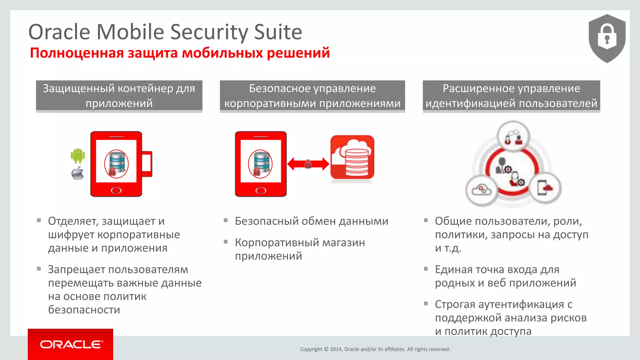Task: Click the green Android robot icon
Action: (78, 155)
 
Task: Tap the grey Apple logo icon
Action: (78, 173)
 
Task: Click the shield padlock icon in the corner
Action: (607, 38)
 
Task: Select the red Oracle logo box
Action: (70, 344)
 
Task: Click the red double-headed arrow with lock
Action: (308, 164)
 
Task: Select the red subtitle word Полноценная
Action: (77, 53)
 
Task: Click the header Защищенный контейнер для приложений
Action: (119, 96)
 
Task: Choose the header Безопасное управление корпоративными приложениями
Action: (312, 96)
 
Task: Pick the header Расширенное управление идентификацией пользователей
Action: (511, 96)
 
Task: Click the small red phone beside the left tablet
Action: (147, 164)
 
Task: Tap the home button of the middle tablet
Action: (261, 190)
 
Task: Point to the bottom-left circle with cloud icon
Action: (482, 190)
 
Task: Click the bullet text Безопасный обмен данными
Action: (312, 221)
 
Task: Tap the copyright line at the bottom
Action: (375, 349)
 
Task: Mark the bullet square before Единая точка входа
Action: (426, 269)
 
